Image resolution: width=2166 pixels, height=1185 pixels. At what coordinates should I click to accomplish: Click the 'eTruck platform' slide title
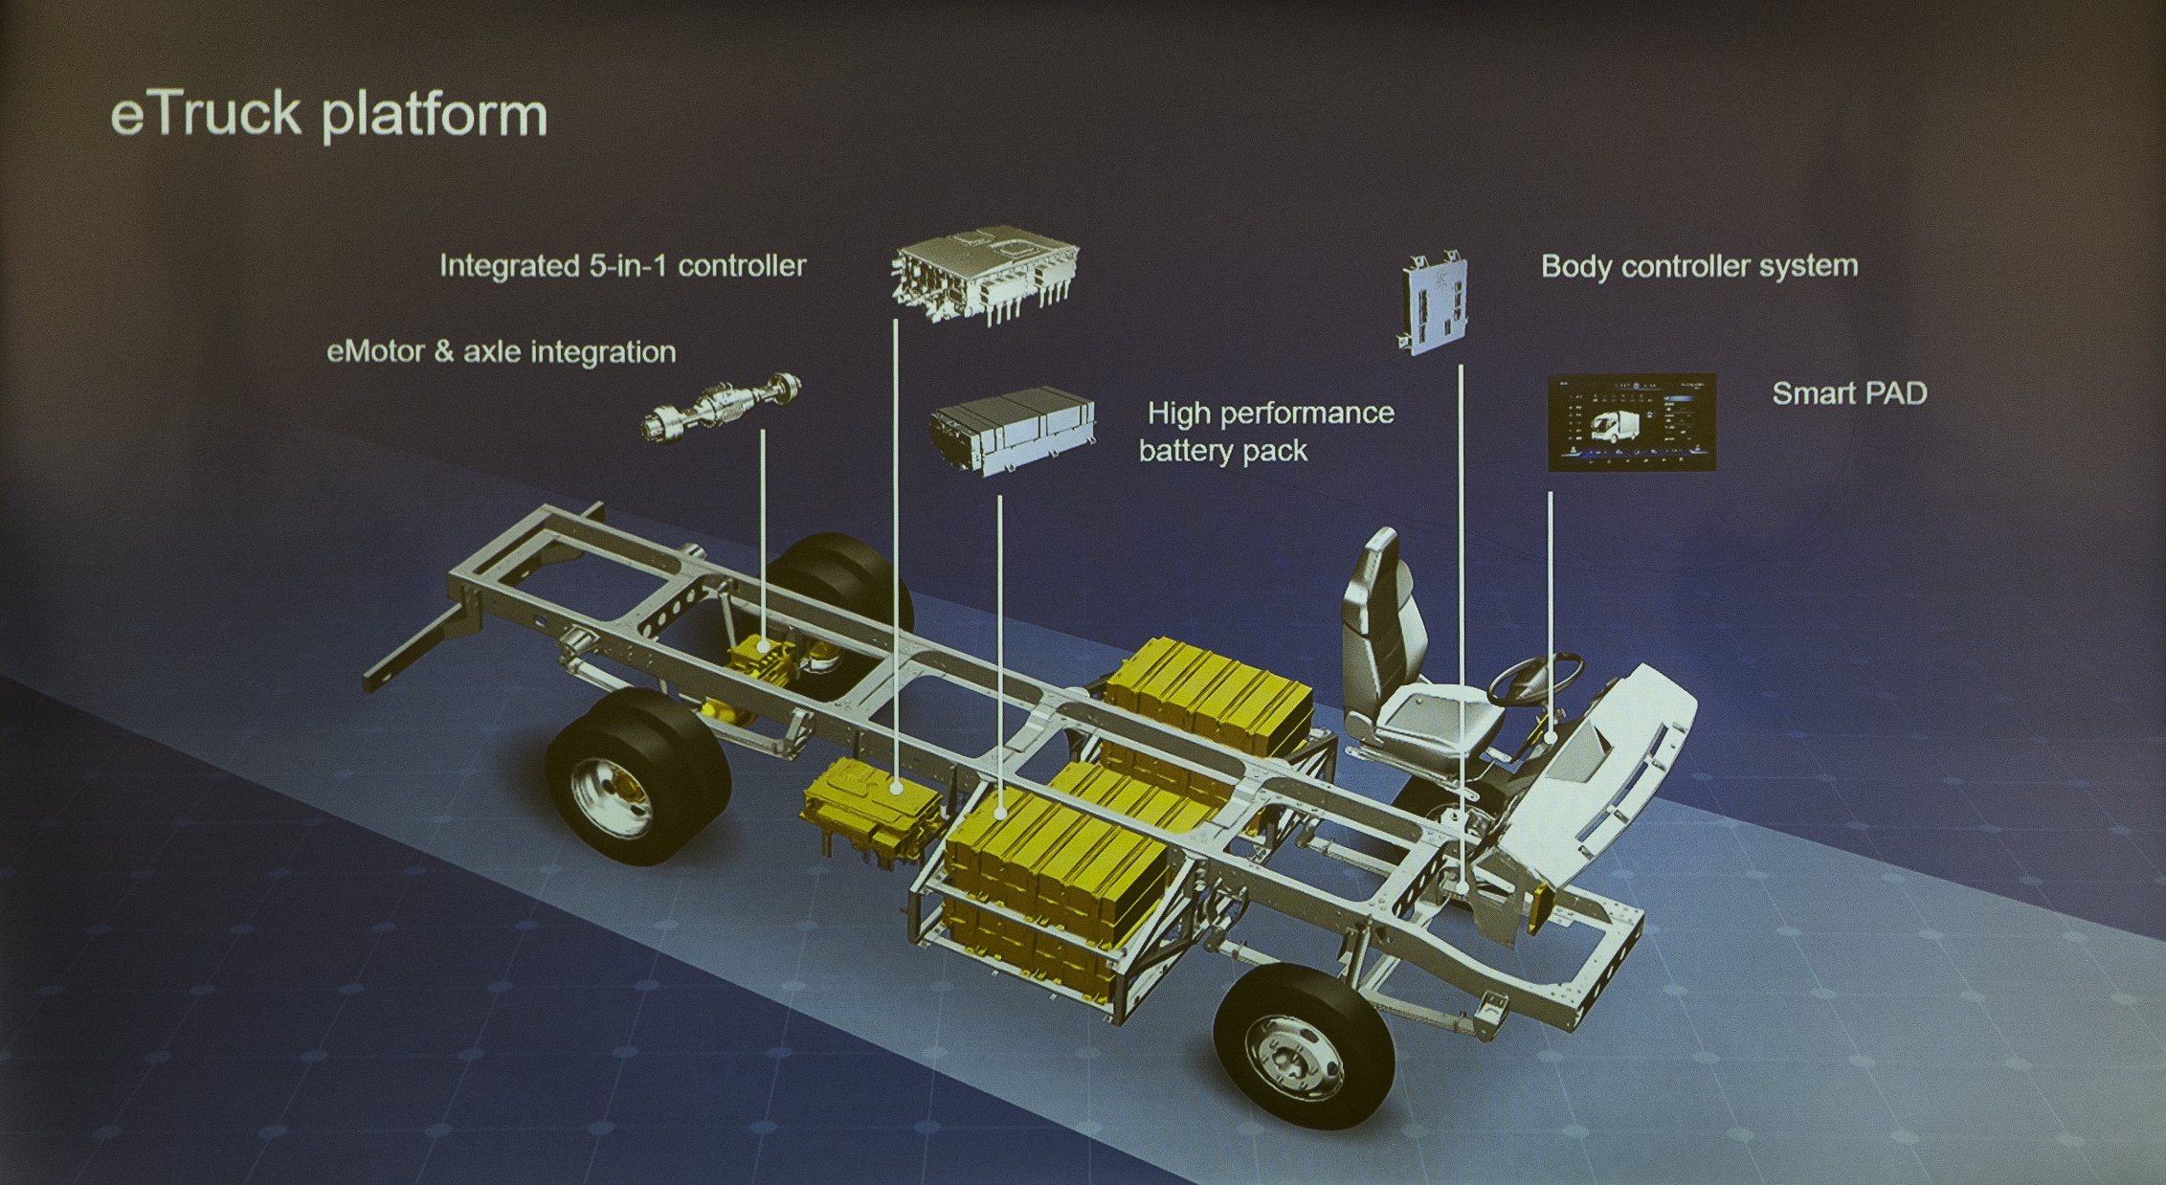click(x=328, y=115)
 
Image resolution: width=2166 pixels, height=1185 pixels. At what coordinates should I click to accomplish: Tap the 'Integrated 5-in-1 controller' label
click(x=622, y=265)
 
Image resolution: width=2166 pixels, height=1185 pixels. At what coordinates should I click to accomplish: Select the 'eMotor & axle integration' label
click(x=502, y=352)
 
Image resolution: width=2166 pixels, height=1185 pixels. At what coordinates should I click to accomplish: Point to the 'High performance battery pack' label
click(x=1266, y=432)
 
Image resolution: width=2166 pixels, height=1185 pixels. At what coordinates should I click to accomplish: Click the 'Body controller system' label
click(x=1699, y=265)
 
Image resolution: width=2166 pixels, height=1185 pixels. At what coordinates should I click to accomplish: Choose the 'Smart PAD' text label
click(x=1849, y=393)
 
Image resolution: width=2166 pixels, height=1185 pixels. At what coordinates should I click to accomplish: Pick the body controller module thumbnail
click(x=1433, y=302)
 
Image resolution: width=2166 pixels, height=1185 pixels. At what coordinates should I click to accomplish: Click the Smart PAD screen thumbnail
click(x=1632, y=422)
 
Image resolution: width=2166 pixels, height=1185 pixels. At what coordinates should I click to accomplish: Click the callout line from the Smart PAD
click(x=1550, y=616)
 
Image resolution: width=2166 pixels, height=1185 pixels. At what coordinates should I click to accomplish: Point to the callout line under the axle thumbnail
click(x=763, y=541)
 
